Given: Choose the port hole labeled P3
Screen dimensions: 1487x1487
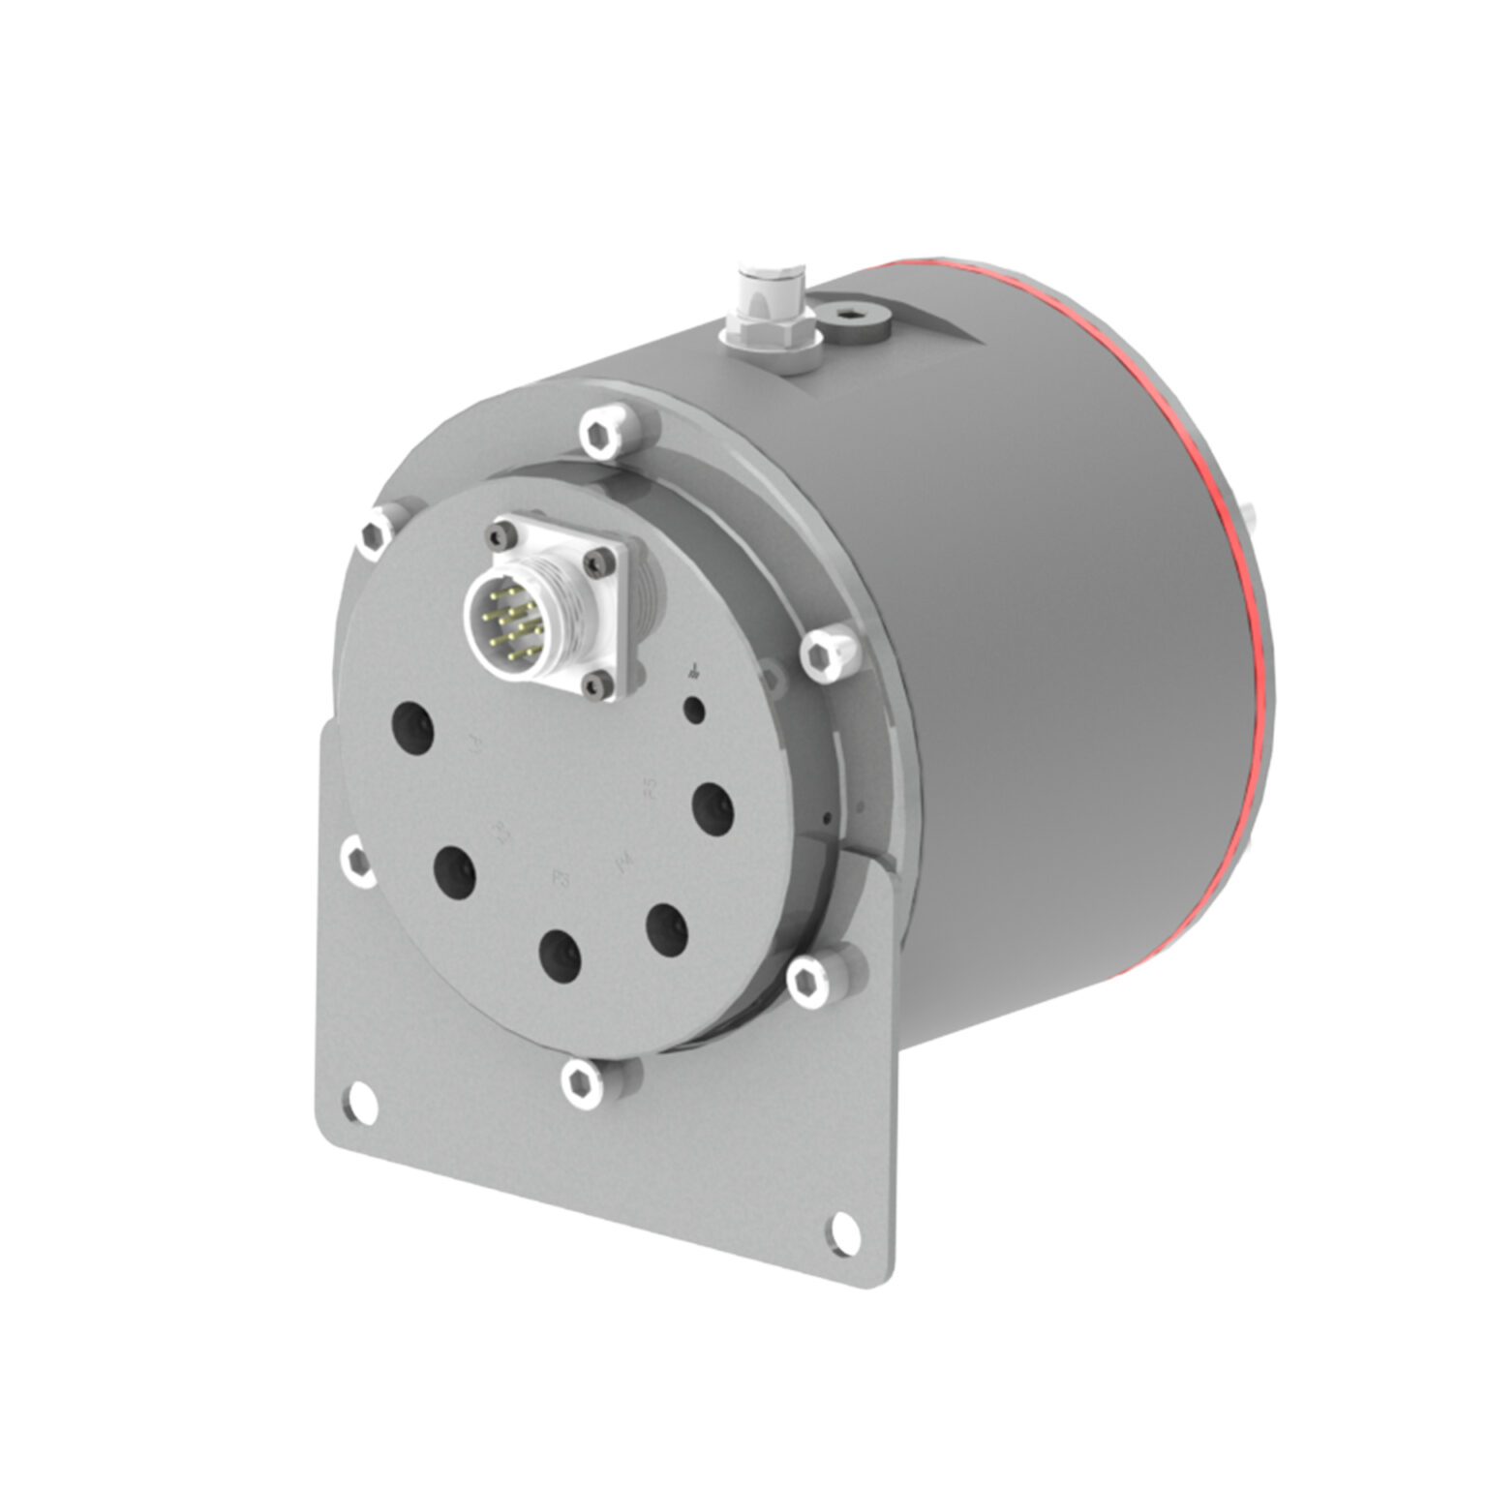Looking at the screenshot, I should tap(561, 956).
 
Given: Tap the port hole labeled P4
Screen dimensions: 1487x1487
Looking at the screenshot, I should tap(667, 929).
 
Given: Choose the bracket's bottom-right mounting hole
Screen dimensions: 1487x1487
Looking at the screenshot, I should tap(845, 1229).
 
